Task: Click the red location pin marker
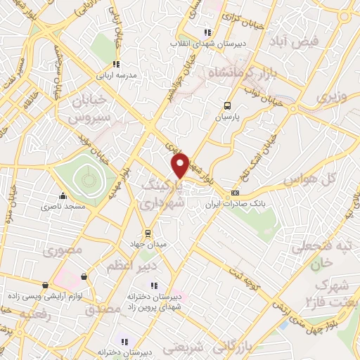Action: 181,165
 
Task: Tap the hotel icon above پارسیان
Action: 226,106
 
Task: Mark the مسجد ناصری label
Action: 63,207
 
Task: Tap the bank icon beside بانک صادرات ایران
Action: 235,193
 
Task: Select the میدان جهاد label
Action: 148,243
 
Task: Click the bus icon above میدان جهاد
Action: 148,233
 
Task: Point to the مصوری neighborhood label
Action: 64,250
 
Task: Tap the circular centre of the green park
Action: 88,180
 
